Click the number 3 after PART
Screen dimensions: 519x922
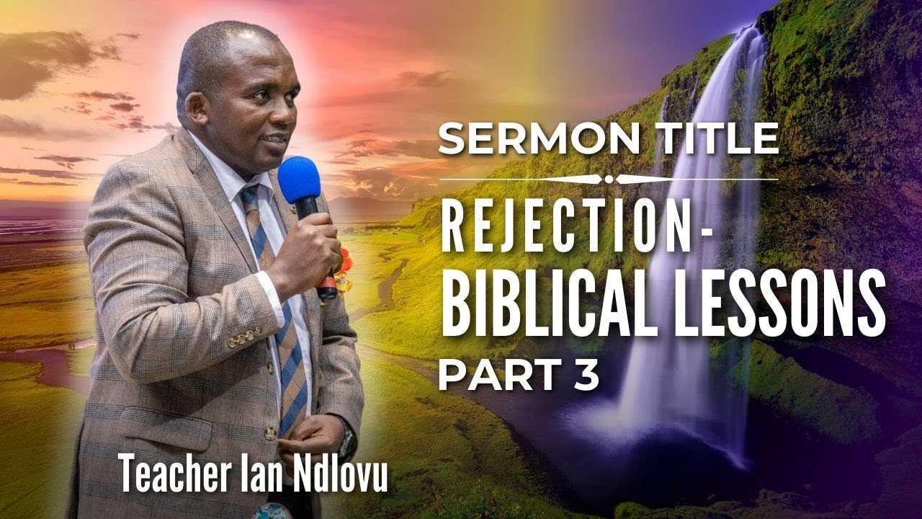(x=587, y=377)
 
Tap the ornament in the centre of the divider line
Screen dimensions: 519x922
(x=609, y=179)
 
